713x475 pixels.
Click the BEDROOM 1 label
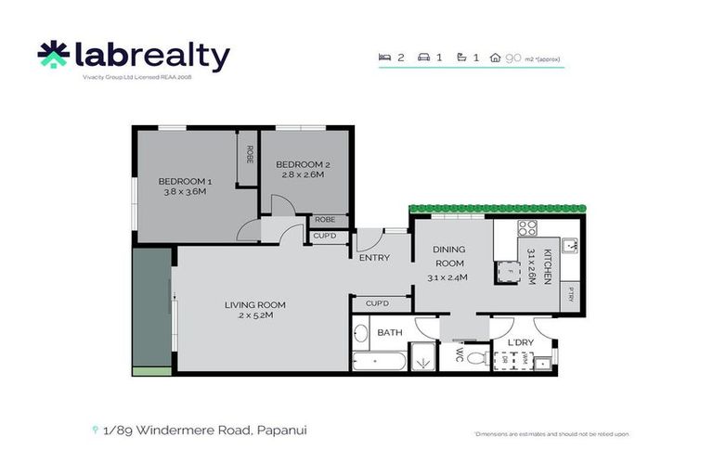click(x=186, y=181)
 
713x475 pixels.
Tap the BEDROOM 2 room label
click(x=303, y=164)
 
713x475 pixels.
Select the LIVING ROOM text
click(x=254, y=304)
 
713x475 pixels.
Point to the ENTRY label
click(x=374, y=258)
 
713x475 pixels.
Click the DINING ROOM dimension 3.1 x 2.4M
click(x=448, y=277)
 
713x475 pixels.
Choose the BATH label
click(x=389, y=332)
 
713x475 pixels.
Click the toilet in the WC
click(x=474, y=357)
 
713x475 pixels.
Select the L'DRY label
click(x=520, y=343)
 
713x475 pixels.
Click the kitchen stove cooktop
click(x=527, y=228)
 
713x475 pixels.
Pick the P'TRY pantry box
click(x=571, y=295)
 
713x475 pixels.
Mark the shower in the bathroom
click(x=423, y=357)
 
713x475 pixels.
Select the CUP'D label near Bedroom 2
click(x=324, y=237)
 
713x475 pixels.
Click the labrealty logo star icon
click(x=54, y=57)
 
